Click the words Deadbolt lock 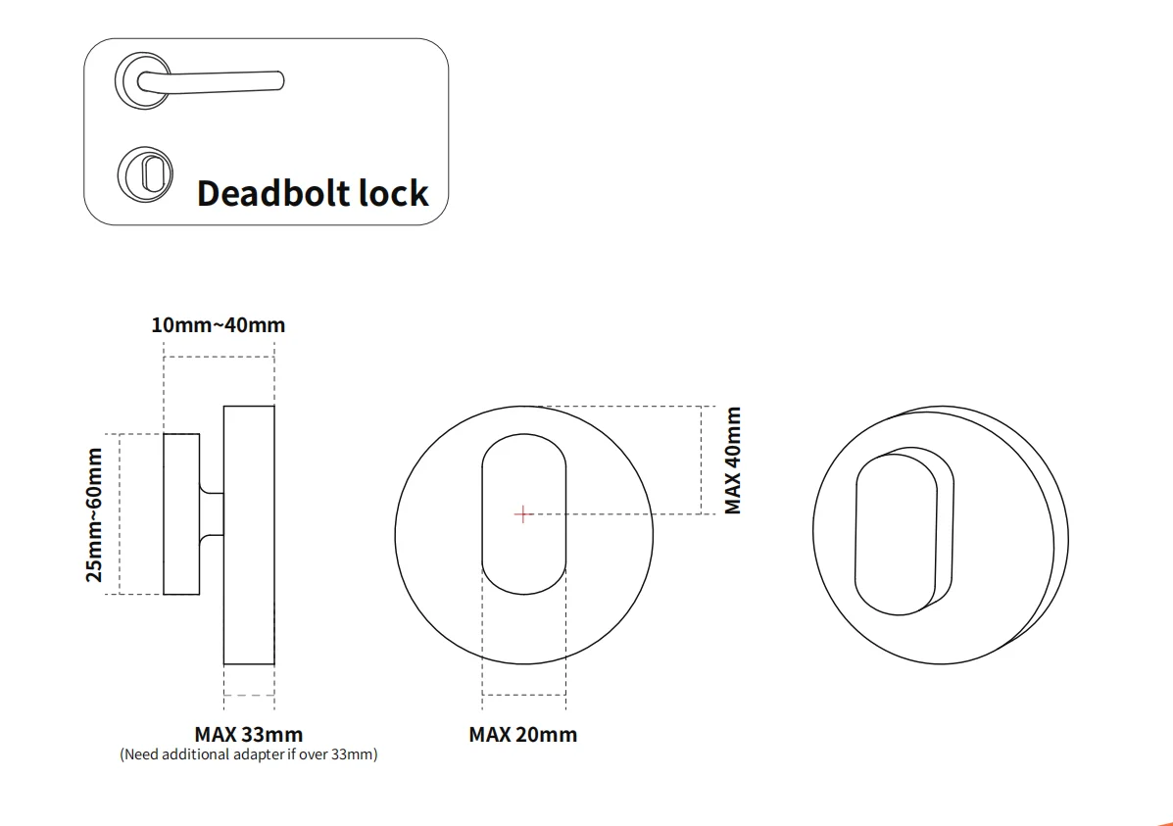313,193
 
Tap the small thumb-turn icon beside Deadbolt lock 145,173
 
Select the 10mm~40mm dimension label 219,325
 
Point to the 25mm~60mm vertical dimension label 95,513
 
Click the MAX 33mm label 248,734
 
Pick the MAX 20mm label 522,734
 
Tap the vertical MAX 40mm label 733,461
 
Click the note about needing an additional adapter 248,754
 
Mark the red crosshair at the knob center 523,513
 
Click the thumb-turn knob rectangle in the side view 181,513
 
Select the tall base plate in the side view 249,535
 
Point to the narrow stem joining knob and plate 212,513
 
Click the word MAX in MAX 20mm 490,734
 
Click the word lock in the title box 393,193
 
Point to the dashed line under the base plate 249,695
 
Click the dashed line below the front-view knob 523,695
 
